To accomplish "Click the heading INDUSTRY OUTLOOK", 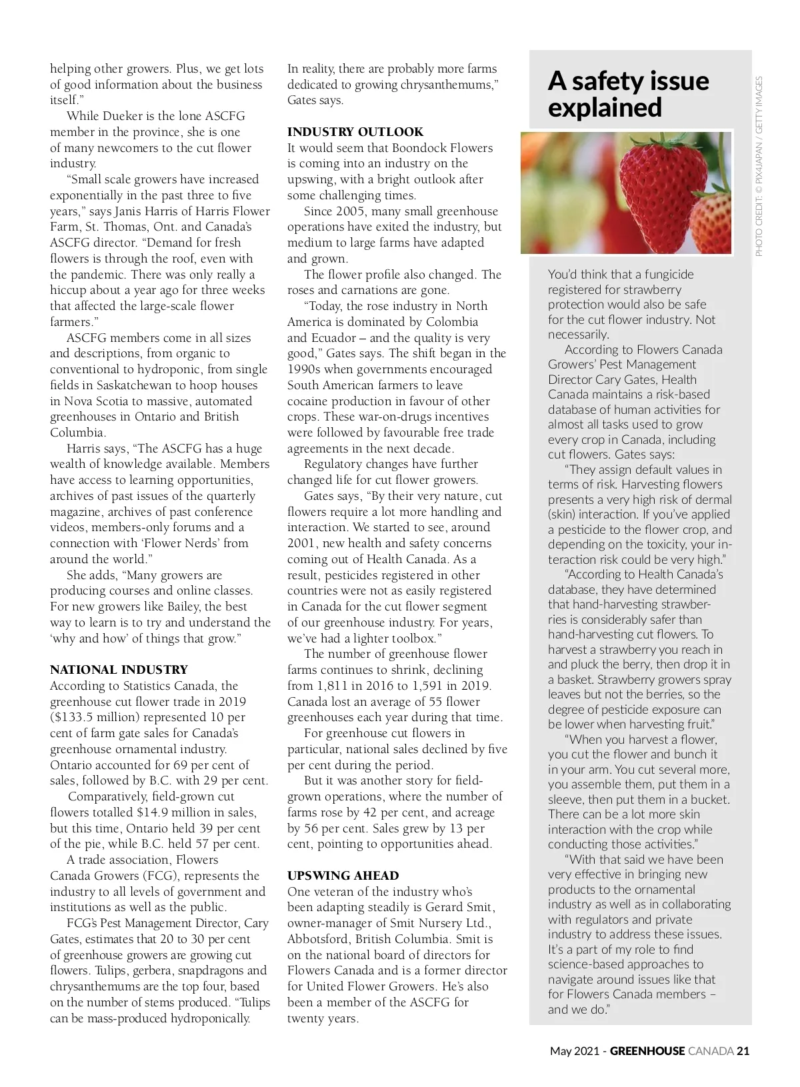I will (355, 132).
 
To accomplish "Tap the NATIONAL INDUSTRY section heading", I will (119, 670).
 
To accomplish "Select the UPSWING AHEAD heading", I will (343, 876).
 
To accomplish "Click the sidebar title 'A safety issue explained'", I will (628, 93).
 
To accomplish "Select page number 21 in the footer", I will (743, 1051).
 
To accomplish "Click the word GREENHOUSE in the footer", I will (647, 1051).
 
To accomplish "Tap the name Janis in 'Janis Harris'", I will (130, 211).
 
